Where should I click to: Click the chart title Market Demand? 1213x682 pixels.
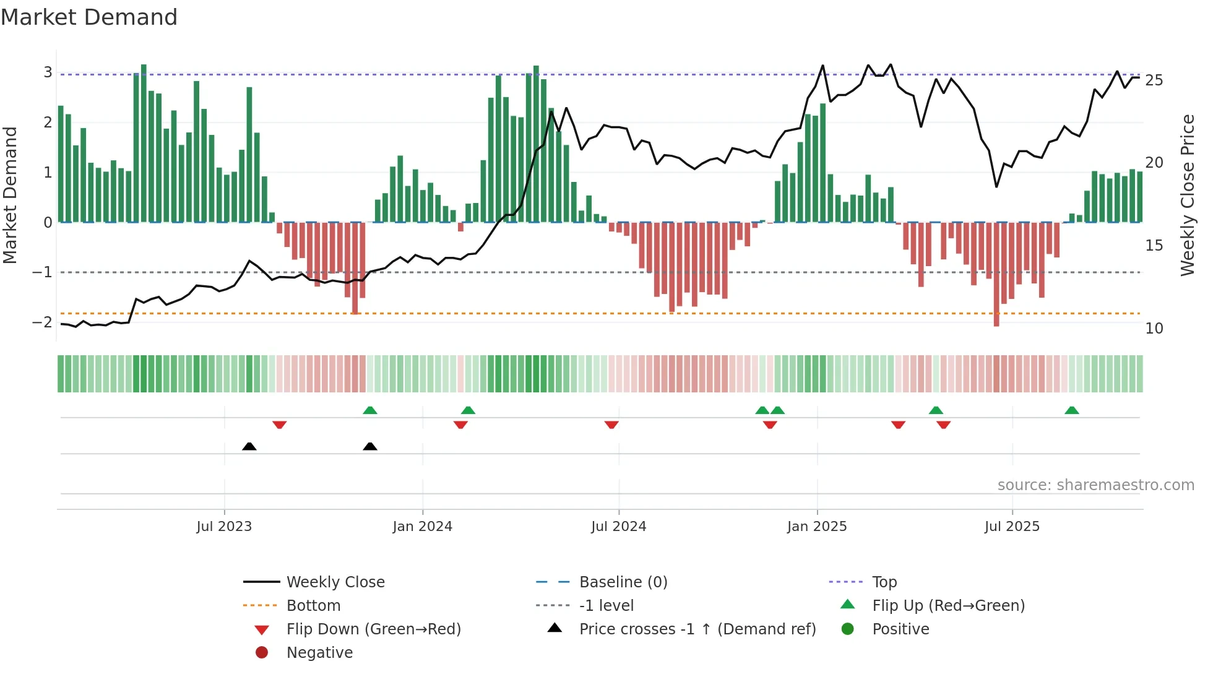(x=89, y=17)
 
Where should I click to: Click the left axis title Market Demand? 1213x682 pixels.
(x=11, y=195)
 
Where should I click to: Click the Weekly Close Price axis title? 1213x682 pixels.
(x=1187, y=195)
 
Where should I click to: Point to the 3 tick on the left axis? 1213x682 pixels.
(x=48, y=72)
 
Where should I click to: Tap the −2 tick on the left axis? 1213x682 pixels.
(x=43, y=322)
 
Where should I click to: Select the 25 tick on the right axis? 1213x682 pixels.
(x=1154, y=80)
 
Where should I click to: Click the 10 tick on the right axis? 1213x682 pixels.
(x=1154, y=329)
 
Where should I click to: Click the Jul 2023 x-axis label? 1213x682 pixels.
(x=224, y=527)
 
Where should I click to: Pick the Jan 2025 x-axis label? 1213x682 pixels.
(x=816, y=527)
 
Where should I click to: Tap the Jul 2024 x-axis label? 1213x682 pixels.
(x=618, y=527)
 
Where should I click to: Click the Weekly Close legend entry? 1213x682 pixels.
(x=335, y=582)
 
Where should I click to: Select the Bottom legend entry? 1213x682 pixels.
(x=313, y=606)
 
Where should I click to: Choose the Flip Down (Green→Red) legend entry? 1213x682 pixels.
(x=373, y=629)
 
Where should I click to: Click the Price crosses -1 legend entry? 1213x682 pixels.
(x=697, y=629)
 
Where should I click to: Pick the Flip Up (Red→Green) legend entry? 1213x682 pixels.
(x=948, y=606)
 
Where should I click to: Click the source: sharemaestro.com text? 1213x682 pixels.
(x=1095, y=485)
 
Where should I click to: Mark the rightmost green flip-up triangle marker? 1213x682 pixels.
(x=1072, y=410)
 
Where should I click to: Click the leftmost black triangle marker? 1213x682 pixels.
(x=249, y=446)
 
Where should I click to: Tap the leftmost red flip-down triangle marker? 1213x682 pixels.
(x=279, y=425)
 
